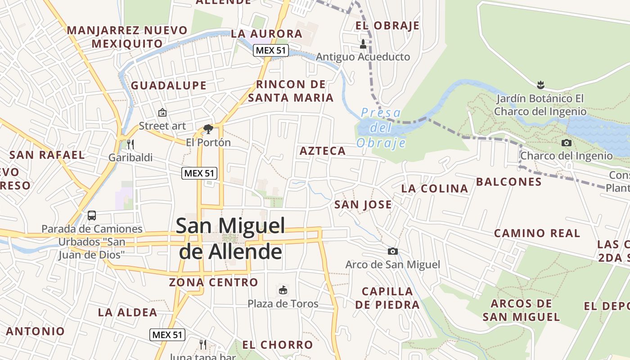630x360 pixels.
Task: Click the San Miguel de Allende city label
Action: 230,238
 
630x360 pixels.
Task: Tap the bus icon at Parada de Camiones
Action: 92,216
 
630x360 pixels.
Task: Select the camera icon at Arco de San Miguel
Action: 393,251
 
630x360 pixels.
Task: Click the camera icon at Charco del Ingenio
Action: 567,143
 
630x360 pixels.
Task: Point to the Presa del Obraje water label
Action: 381,128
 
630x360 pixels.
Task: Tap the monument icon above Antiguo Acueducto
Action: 363,44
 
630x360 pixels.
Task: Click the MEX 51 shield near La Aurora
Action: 270,50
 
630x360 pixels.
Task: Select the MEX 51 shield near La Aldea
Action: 167,335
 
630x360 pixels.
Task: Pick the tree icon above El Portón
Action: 208,130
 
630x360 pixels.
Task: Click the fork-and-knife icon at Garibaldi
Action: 130,144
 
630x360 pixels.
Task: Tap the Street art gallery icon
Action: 162,112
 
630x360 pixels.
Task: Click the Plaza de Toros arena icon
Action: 283,290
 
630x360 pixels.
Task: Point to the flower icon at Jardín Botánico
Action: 540,84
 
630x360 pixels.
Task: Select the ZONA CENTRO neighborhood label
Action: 213,283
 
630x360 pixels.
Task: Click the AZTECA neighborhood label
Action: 323,151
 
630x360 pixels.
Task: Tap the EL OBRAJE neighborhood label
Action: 387,26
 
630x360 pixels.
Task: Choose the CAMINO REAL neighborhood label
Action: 537,233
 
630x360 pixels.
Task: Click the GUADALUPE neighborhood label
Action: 168,85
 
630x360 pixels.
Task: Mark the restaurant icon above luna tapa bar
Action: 203,345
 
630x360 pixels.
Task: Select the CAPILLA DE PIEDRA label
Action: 387,298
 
